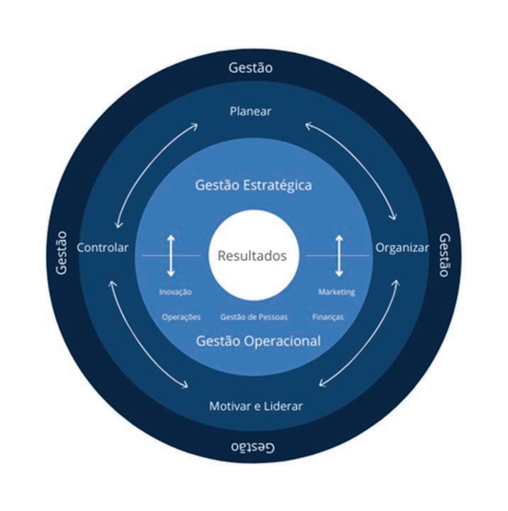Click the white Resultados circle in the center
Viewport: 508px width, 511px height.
coord(252,255)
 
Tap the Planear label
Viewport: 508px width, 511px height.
coord(251,111)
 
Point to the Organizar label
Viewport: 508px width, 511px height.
coord(402,248)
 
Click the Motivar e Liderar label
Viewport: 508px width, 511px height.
coord(255,407)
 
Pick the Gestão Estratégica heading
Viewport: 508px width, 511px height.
coord(253,186)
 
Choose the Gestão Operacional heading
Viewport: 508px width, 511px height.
coord(257,341)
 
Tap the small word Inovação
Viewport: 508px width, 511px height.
coord(175,292)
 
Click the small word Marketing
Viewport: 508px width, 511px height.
coord(336,292)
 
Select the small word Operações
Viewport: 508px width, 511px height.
coord(181,317)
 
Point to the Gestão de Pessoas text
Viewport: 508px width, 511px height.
coord(253,317)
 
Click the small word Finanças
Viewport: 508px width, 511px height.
coord(328,317)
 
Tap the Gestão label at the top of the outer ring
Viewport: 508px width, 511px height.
coord(251,68)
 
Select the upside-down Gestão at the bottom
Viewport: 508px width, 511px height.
coord(253,446)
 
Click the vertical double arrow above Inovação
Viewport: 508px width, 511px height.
coord(170,255)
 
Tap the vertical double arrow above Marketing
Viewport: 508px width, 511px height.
coord(339,255)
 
